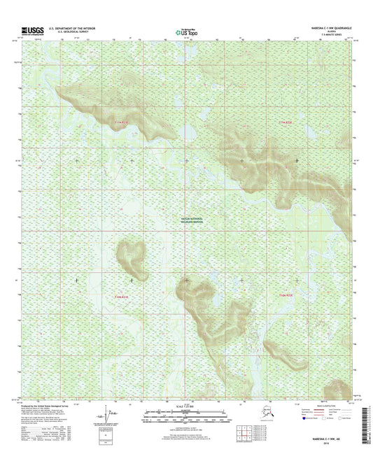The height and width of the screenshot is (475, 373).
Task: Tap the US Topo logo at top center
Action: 186,31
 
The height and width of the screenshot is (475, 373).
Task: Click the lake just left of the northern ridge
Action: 188,132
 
